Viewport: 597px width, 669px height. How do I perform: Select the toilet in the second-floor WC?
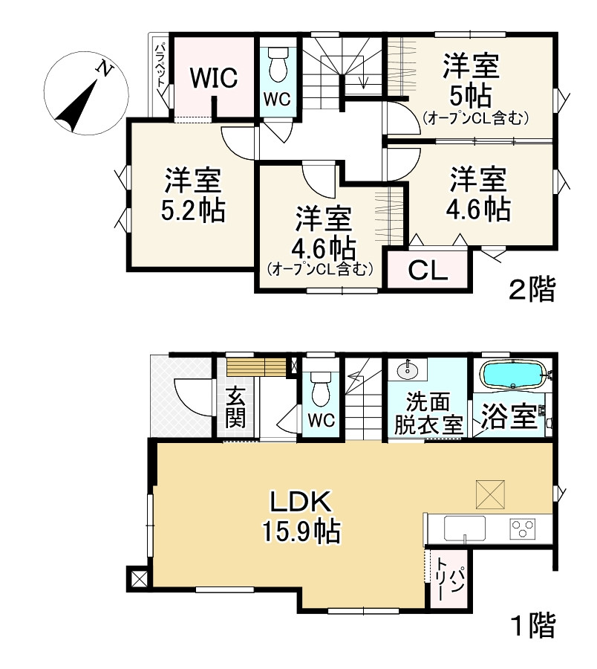[x=278, y=65]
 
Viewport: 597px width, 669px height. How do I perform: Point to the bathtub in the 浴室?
[x=513, y=375]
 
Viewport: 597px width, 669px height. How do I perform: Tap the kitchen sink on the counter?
[x=464, y=529]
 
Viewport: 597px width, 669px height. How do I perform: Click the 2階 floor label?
[x=531, y=290]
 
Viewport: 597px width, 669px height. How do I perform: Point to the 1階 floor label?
[x=531, y=627]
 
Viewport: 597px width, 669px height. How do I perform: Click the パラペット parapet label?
[x=160, y=67]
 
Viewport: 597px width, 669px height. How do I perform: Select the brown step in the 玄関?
[x=256, y=367]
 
